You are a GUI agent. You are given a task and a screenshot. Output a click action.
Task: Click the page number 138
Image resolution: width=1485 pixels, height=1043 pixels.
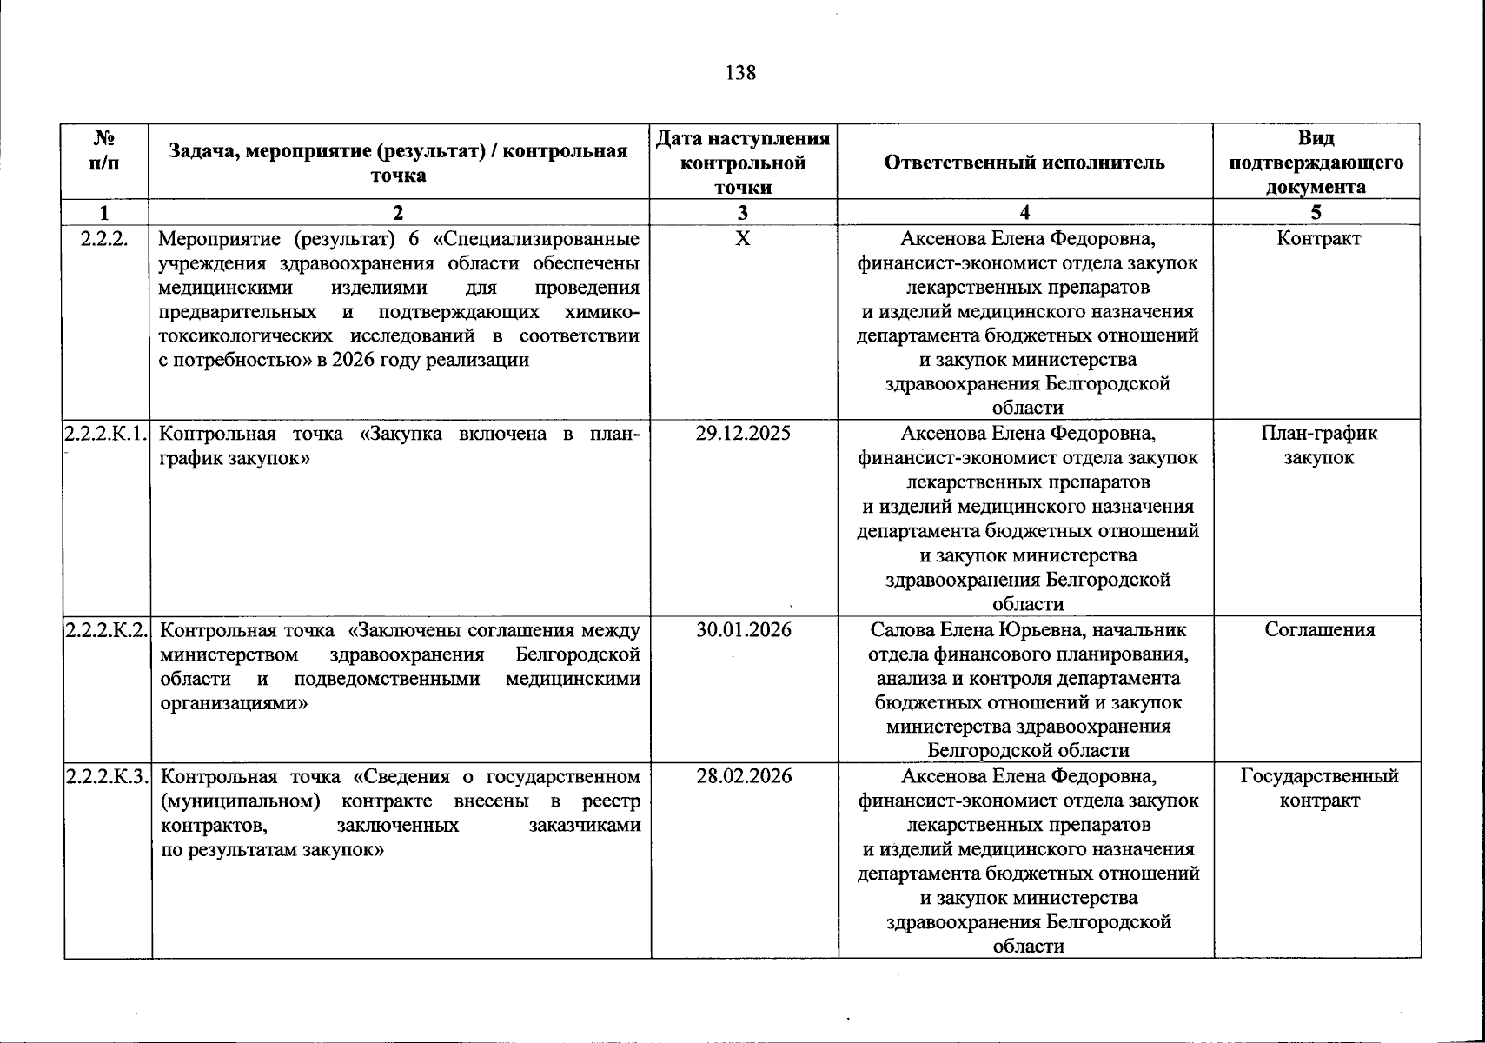click(x=740, y=73)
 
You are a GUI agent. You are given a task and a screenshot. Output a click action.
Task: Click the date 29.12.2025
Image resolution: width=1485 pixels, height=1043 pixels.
click(x=743, y=433)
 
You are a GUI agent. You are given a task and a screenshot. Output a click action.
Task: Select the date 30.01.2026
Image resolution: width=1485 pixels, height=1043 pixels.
click(x=744, y=629)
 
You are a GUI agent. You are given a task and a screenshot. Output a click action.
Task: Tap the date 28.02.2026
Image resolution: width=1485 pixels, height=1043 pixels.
click(x=744, y=776)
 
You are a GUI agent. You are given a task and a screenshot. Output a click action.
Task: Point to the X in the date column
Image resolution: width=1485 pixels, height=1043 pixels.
click(x=742, y=238)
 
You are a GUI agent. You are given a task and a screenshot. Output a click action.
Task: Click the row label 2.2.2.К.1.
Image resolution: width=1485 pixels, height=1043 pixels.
click(x=105, y=433)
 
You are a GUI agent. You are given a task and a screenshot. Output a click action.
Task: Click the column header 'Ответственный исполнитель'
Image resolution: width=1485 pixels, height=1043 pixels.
click(x=1024, y=163)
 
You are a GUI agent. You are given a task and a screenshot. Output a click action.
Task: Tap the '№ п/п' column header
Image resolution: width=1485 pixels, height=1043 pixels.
click(x=104, y=150)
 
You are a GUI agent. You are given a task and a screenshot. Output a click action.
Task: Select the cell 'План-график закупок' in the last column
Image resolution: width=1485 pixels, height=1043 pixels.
click(x=1318, y=445)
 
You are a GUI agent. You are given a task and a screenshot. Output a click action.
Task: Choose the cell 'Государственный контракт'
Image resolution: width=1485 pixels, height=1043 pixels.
click(x=1319, y=787)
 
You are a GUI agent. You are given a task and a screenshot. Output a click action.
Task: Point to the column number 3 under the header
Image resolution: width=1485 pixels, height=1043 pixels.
click(x=742, y=213)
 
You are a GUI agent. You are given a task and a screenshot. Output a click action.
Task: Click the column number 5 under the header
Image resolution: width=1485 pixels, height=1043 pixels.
click(x=1316, y=213)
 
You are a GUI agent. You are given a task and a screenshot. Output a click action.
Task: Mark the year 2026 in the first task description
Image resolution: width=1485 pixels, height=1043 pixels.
click(x=354, y=360)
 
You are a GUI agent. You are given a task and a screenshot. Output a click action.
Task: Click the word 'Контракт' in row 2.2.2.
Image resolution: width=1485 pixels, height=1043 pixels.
click(x=1318, y=238)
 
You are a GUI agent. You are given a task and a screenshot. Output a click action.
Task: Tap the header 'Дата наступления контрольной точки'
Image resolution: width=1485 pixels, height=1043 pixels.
click(x=743, y=163)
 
